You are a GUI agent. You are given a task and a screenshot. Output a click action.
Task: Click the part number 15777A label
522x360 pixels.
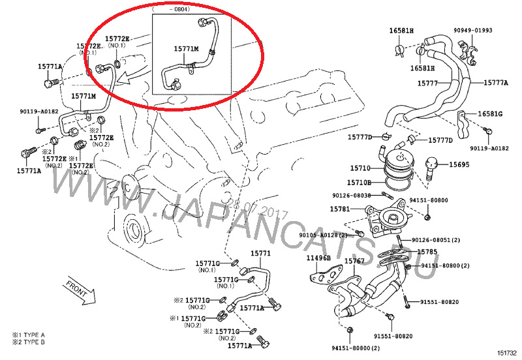click(x=495, y=83)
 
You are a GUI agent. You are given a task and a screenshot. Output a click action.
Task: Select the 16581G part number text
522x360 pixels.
click(x=490, y=114)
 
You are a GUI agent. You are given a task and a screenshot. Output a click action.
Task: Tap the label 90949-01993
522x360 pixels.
click(x=473, y=30)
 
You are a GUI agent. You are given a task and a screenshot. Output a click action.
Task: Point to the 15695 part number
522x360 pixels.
click(x=459, y=164)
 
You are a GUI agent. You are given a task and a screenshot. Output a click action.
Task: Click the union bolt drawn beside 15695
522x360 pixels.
click(x=431, y=167)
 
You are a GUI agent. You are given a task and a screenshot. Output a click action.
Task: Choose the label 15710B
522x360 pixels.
click(x=359, y=183)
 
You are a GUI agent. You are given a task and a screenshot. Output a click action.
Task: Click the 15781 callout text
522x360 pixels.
click(x=339, y=209)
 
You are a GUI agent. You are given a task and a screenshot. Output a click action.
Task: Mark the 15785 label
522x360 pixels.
click(x=427, y=252)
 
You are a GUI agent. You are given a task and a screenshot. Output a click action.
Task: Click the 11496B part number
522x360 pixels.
click(x=319, y=259)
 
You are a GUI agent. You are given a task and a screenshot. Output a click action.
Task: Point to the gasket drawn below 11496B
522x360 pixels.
click(x=322, y=277)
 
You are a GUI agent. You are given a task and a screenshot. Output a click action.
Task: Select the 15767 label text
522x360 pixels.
click(x=354, y=261)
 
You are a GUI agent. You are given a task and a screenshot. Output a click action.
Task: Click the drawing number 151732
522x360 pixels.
click(x=504, y=352)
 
